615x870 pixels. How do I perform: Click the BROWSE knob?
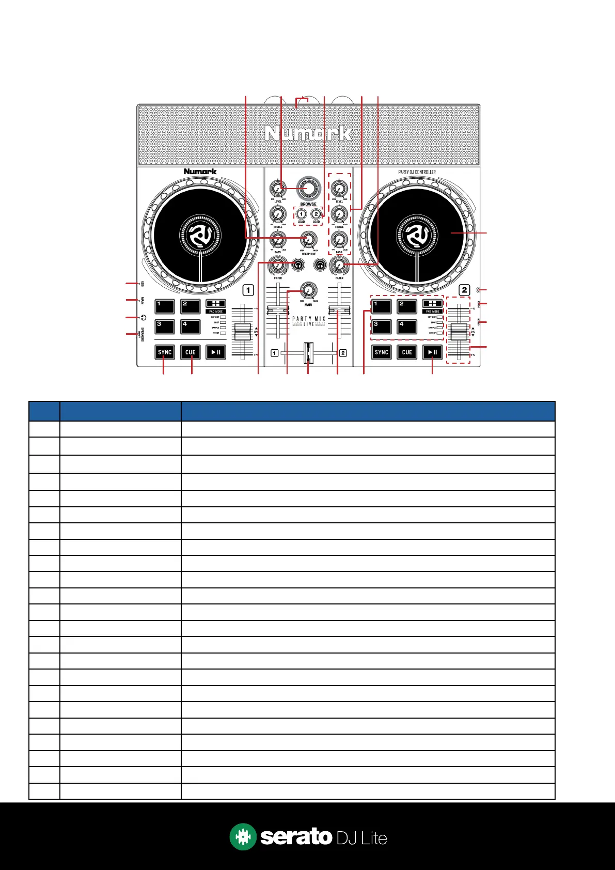point(308,189)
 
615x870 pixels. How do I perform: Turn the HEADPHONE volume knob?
point(309,239)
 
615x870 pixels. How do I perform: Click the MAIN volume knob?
point(308,290)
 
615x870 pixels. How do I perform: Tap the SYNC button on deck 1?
point(165,352)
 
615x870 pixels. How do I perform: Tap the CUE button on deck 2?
point(407,352)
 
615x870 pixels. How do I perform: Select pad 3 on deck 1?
point(165,327)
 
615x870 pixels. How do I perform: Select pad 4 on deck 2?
point(406,327)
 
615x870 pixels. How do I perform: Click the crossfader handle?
point(308,353)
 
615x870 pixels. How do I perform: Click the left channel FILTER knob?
point(278,266)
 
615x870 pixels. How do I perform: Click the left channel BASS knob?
point(278,240)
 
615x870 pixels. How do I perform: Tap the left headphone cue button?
point(297,265)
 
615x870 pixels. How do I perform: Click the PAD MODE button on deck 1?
point(216,304)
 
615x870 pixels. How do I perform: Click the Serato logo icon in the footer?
point(243,836)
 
